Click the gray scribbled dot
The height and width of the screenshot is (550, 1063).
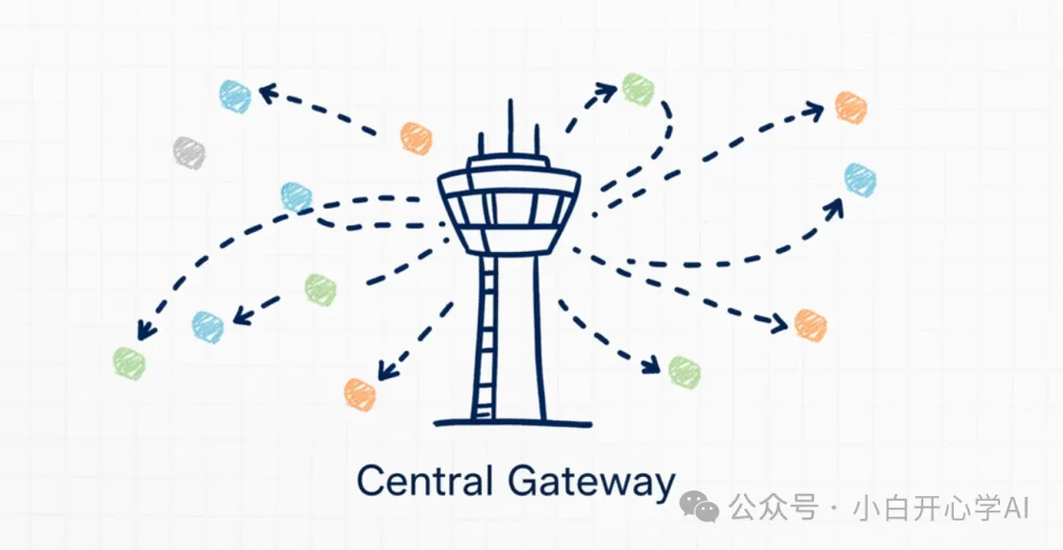pyautogui.click(x=188, y=152)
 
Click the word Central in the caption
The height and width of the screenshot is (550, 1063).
pyautogui.click(x=424, y=482)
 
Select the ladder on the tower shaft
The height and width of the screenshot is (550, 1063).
pyautogui.click(x=484, y=335)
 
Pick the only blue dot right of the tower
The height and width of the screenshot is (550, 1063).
pyautogui.click(x=859, y=179)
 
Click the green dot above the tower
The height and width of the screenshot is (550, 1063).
pyautogui.click(x=638, y=89)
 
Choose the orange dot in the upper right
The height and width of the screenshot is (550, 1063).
pyautogui.click(x=850, y=107)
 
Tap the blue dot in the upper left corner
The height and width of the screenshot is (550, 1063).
pyautogui.click(x=235, y=96)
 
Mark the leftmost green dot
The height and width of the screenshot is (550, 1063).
pyautogui.click(x=129, y=363)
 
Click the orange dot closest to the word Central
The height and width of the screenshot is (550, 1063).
pyautogui.click(x=360, y=394)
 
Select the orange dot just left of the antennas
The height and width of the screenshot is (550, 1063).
pyautogui.click(x=416, y=138)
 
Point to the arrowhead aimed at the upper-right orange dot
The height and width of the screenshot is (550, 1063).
pyautogui.click(x=813, y=111)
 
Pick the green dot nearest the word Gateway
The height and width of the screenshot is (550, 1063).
pyautogui.click(x=684, y=371)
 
